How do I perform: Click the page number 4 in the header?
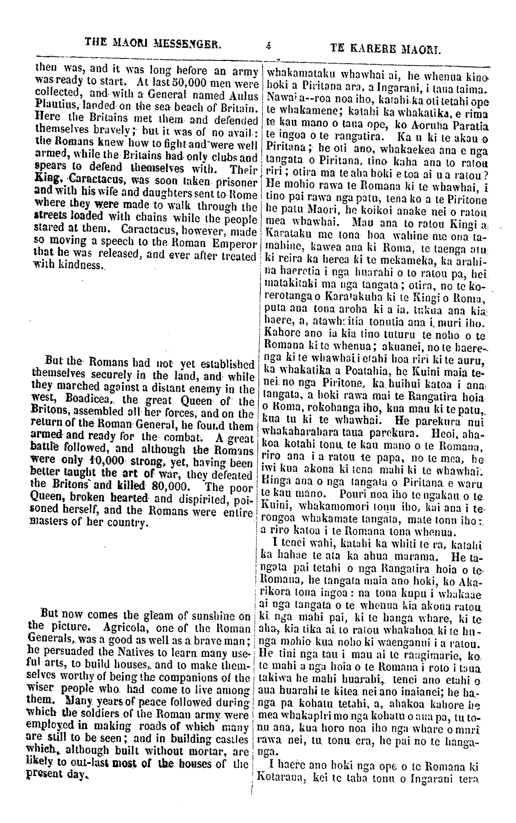268,46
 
